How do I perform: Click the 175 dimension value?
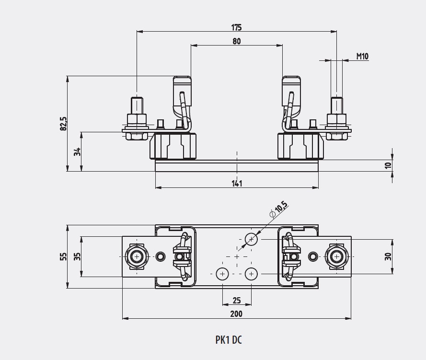pos(237,27)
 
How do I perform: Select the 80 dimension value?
pos(237,41)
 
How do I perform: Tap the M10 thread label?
pos(362,56)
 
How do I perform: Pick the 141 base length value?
pos(237,183)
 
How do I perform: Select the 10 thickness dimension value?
pos(388,165)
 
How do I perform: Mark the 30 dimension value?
pos(388,256)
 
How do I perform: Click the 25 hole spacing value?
pos(237,301)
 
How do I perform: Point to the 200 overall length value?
pos(237,314)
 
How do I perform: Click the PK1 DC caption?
pos(229,340)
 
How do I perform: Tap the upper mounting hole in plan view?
pos(251,239)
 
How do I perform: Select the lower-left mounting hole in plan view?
pos(222,274)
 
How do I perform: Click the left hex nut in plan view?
pos(137,256)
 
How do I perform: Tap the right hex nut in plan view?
pos(336,256)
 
